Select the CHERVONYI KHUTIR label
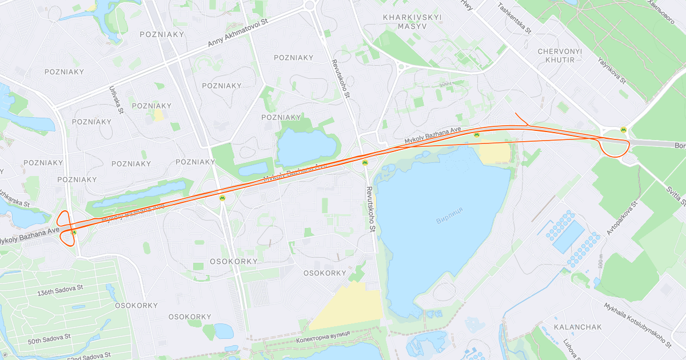559,55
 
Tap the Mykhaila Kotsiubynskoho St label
637,325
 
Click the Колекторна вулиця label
324,340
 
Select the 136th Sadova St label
61,293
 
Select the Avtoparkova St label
622,217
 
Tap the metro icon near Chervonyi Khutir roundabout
623,130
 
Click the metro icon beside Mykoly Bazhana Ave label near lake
476,135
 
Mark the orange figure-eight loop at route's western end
67,227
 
